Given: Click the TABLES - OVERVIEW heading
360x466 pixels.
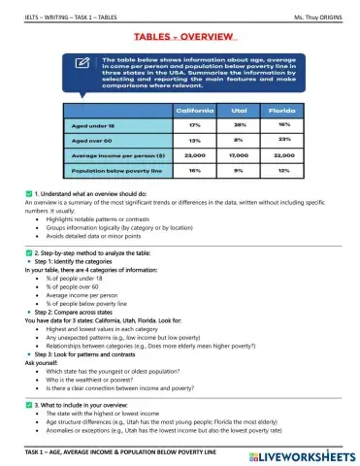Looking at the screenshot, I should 180,37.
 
